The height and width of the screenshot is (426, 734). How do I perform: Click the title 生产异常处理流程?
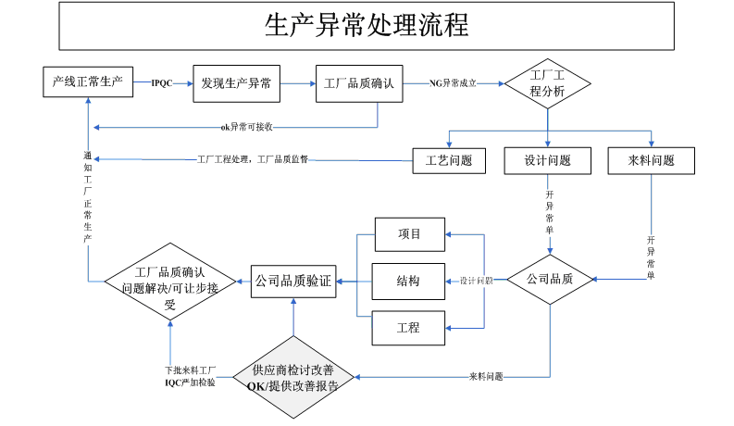tap(367, 26)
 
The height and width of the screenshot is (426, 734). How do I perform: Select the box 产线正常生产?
tap(89, 81)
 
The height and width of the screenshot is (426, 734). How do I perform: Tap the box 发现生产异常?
tap(236, 83)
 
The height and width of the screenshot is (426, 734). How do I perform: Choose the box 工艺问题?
tap(449, 160)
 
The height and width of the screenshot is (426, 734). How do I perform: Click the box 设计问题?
tap(548, 160)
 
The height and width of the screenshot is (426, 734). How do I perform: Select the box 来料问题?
tap(652, 160)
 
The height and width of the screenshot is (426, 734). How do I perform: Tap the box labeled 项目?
tap(409, 233)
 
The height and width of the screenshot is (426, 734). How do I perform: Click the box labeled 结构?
tap(409, 281)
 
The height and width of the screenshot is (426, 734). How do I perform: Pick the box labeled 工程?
tap(409, 328)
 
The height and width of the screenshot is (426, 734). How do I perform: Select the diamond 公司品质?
tap(550, 278)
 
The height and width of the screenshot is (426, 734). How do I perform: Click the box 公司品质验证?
tap(293, 280)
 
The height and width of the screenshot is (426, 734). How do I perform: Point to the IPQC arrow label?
tap(162, 83)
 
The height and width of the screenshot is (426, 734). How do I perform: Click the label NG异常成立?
tap(454, 83)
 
